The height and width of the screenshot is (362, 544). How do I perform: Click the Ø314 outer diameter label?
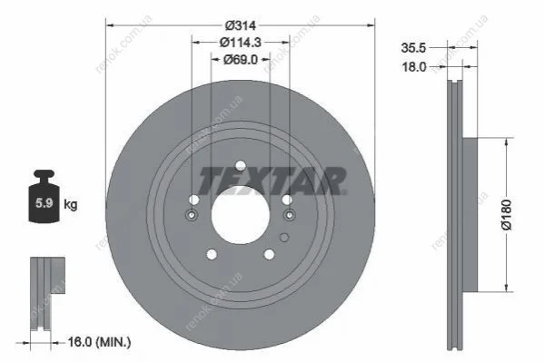(240, 25)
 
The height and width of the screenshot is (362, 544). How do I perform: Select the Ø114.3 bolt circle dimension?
(241, 43)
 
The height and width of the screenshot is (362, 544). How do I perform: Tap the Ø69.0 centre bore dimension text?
(241, 60)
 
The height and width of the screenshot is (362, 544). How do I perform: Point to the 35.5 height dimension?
(413, 48)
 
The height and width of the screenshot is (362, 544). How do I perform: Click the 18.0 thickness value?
(413, 67)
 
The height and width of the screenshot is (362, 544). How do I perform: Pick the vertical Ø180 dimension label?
(507, 215)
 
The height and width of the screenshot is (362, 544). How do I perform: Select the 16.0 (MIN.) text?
(99, 343)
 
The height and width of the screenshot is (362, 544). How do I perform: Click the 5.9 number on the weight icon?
(45, 203)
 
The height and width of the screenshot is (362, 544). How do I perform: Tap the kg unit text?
(71, 204)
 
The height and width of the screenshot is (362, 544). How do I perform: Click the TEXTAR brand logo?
(272, 181)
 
